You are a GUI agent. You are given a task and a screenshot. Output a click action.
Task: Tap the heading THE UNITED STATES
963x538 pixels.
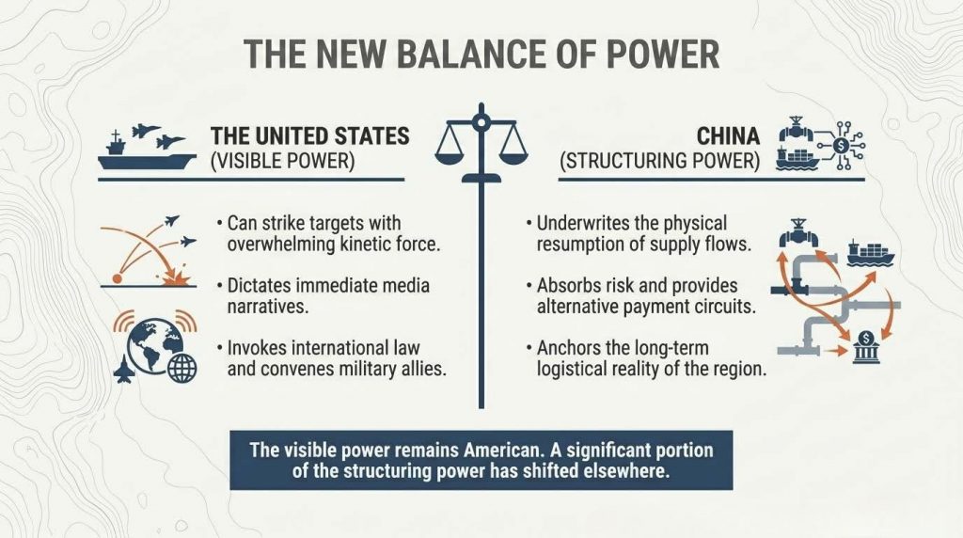click(x=310, y=135)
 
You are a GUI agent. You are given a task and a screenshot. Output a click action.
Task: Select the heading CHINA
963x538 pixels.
click(x=728, y=135)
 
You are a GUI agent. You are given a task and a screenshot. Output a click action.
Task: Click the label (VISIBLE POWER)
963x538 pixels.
click(x=282, y=160)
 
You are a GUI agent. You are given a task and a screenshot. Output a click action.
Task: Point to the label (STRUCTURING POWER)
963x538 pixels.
click(x=659, y=160)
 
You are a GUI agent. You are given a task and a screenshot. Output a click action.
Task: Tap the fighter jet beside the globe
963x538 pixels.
click(x=124, y=369)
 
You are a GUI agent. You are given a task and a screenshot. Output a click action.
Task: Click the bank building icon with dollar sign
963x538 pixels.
click(x=866, y=347)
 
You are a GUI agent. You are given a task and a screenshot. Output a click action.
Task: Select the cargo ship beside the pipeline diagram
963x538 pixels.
click(x=870, y=253)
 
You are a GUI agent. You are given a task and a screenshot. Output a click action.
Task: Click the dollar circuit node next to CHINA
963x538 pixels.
click(x=842, y=146)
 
